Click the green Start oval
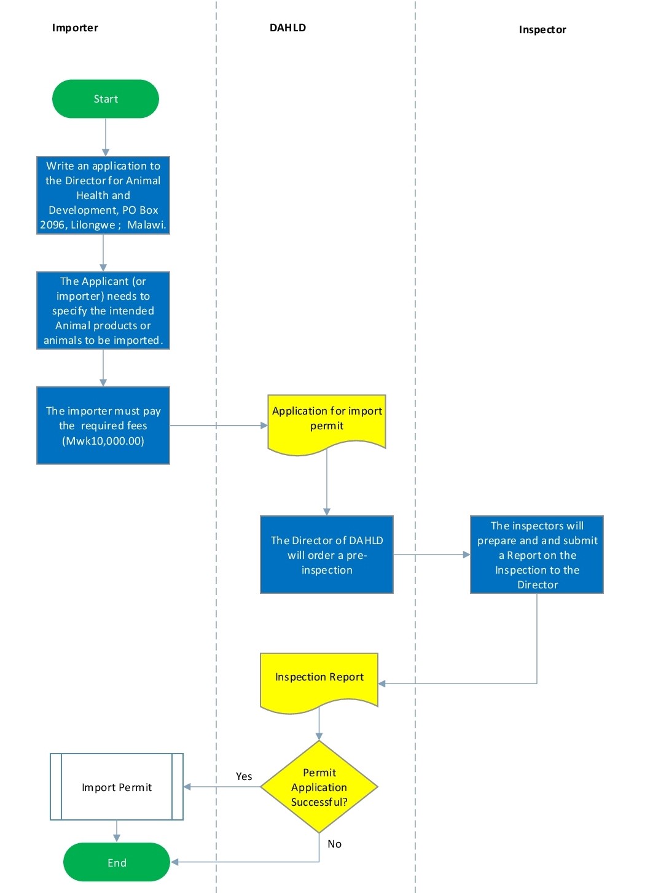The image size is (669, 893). (106, 99)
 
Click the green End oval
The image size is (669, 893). (117, 862)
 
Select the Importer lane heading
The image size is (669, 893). (75, 28)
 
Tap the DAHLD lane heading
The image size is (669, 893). (288, 28)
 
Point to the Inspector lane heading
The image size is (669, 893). (542, 29)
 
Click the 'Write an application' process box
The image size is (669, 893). (103, 195)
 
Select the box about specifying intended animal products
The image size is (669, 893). (103, 311)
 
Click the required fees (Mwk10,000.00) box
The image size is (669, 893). (103, 426)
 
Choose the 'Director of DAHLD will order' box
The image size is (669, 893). (327, 555)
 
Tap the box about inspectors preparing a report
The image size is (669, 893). (537, 555)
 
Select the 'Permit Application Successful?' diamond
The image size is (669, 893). (319, 787)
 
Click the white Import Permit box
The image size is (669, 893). (117, 787)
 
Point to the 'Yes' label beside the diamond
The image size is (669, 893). (244, 776)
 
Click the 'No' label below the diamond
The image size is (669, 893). (334, 844)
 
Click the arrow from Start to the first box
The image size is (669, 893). (106, 137)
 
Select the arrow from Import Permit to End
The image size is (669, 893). (117, 831)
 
